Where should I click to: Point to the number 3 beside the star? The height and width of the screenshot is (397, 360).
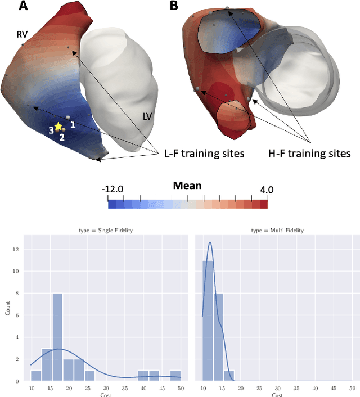[50, 130]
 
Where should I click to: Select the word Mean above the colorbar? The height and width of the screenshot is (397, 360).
[187, 186]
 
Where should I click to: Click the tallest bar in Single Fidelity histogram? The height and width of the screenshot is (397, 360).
[57, 337]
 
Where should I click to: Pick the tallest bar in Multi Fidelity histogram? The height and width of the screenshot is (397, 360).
[208, 321]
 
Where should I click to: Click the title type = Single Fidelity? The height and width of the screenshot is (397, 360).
[106, 230]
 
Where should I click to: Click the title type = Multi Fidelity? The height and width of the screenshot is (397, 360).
[273, 230]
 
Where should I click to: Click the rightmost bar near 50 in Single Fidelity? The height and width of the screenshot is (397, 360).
[175, 375]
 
